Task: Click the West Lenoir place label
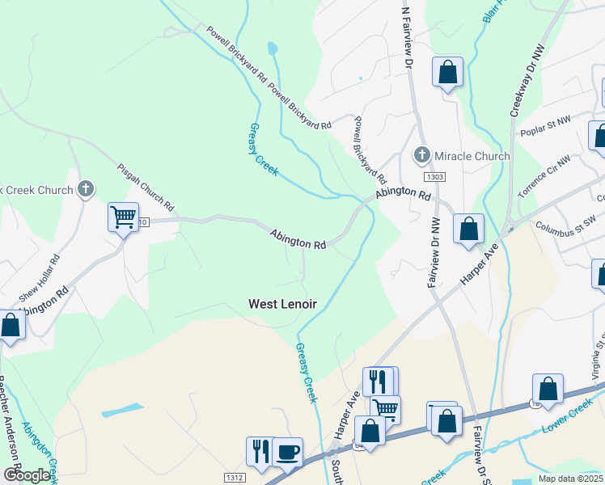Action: tap(282, 304)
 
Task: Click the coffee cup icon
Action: tap(287, 451)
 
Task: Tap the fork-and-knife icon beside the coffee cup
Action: tap(260, 451)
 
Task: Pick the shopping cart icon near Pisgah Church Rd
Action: tap(124, 216)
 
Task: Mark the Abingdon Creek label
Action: tap(39, 449)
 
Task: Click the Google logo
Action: tap(26, 475)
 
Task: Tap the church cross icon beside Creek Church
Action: tap(86, 190)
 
